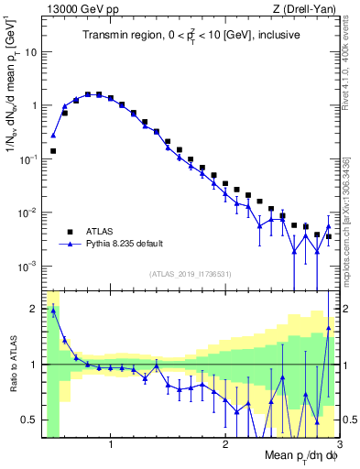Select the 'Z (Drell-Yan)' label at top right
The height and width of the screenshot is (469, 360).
(x=307, y=8)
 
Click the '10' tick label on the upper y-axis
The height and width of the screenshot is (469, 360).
(x=30, y=51)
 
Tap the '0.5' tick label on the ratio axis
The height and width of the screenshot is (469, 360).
(x=28, y=420)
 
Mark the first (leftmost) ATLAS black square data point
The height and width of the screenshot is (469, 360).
(x=53, y=150)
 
